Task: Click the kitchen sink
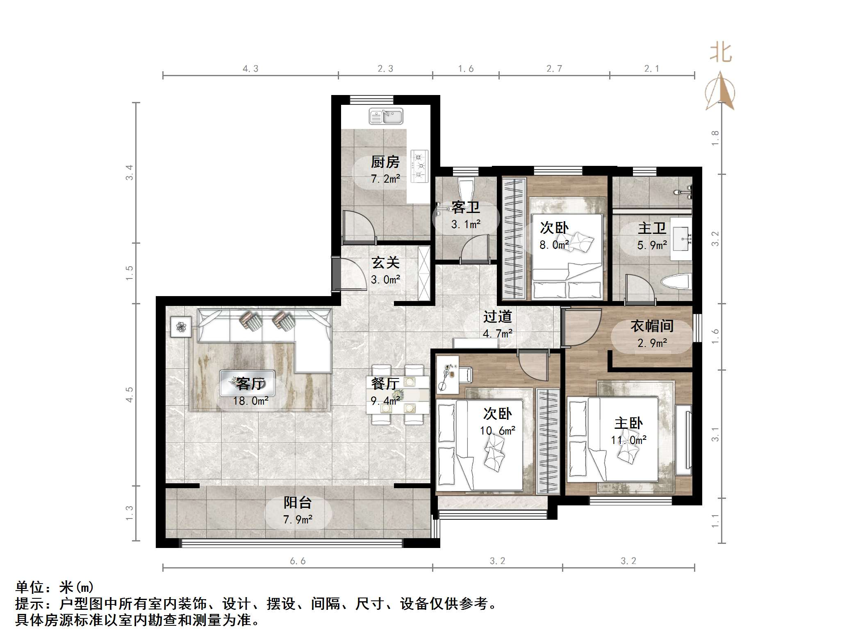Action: (386, 116)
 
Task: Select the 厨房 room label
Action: (385, 162)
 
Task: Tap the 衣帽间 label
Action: (652, 326)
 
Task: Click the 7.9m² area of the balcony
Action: (298, 520)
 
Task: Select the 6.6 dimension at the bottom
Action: (298, 561)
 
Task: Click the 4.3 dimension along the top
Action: (250, 69)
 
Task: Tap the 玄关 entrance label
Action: (385, 263)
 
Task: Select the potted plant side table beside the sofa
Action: (181, 327)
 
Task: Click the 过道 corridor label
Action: (497, 317)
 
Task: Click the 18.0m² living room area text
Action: (251, 401)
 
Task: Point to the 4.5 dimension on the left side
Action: (130, 394)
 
